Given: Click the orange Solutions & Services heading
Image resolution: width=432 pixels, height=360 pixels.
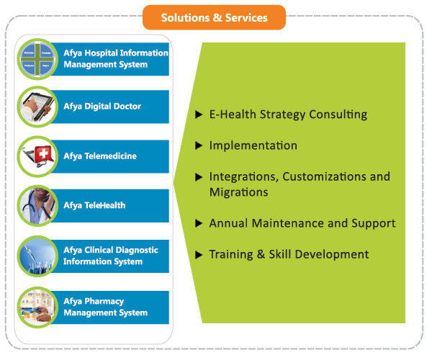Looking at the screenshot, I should [214, 17].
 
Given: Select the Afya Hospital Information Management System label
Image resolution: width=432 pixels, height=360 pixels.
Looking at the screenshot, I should [115, 58].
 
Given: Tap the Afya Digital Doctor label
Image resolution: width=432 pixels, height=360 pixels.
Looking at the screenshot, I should [102, 107].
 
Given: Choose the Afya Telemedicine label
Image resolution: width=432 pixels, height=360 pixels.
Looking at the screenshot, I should [100, 156].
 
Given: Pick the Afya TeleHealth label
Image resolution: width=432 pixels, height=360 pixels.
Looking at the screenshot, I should [94, 205].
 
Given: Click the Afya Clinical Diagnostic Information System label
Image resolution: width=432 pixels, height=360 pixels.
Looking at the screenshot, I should [110, 256].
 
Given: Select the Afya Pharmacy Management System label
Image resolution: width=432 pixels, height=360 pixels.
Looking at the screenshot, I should [105, 307].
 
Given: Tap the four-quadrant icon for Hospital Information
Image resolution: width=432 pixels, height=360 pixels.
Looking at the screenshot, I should [39, 59].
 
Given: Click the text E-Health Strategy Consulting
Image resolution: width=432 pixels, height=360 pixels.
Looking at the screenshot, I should [288, 114].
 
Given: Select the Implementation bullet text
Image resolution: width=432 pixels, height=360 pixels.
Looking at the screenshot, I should [253, 145].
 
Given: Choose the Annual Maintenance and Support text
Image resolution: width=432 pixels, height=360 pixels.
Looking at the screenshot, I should [302, 223].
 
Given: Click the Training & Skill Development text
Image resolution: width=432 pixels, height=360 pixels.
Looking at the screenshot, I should [289, 254].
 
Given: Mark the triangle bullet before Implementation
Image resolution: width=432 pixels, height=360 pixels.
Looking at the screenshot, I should [199, 146].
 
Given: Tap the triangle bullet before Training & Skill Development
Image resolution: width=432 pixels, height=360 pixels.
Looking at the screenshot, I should [199, 255].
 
